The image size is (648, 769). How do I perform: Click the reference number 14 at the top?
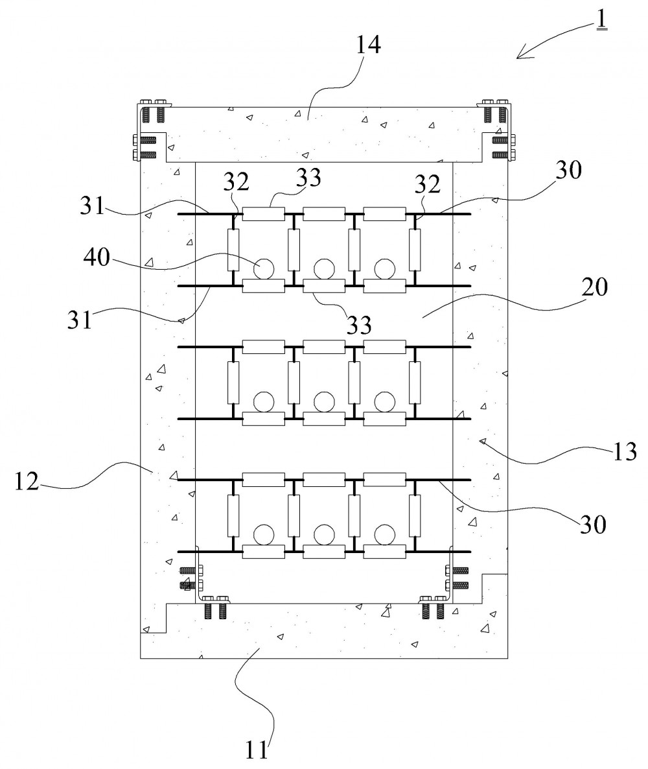pyautogui.click(x=367, y=45)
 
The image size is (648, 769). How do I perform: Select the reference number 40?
pyautogui.click(x=97, y=257)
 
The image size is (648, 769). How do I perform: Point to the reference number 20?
pyautogui.click(x=595, y=287)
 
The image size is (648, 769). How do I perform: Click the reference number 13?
pyautogui.click(x=624, y=452)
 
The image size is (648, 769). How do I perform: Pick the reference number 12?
pyautogui.click(x=27, y=482)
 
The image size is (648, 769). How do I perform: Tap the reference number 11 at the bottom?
pyautogui.click(x=257, y=750)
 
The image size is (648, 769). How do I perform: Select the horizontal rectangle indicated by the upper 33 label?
pyautogui.click(x=264, y=214)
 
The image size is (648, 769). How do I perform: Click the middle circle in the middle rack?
pyautogui.click(x=324, y=401)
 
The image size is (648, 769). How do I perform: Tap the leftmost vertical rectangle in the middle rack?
pyautogui.click(x=233, y=383)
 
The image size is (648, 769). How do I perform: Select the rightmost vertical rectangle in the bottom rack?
pyautogui.click(x=415, y=515)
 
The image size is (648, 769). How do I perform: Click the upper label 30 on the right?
pyautogui.click(x=568, y=170)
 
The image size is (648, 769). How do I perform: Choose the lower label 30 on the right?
pyautogui.click(x=593, y=525)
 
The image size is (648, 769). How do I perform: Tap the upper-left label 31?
pyautogui.click(x=93, y=206)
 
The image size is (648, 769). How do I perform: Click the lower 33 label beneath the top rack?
pyautogui.click(x=359, y=325)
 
